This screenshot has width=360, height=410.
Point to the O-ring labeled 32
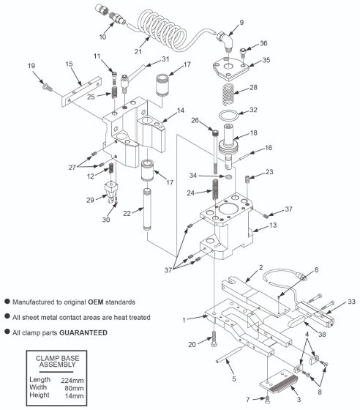point(228,118)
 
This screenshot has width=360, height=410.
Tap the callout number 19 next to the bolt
point(31,67)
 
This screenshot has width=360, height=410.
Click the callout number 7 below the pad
point(247,398)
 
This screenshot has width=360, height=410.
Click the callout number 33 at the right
point(351,300)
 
